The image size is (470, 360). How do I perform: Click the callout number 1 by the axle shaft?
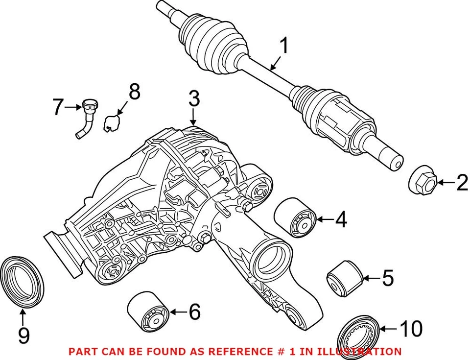coord(283,47)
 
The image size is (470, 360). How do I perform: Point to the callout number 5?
coord(387,278)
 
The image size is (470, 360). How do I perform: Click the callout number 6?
coord(194,312)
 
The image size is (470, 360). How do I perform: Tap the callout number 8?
coord(134,92)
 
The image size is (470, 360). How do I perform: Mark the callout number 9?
coord(23,336)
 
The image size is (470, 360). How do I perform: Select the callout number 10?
coord(410,329)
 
